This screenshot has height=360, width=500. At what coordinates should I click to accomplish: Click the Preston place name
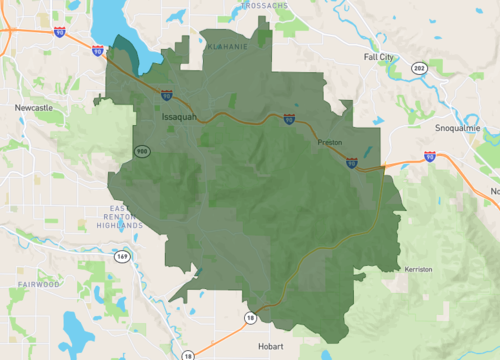click(x=330, y=143)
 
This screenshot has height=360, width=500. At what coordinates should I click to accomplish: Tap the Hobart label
click(x=270, y=346)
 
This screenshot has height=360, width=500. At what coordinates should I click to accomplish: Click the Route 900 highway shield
click(x=144, y=150)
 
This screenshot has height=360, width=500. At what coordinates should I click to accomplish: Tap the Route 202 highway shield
click(x=417, y=68)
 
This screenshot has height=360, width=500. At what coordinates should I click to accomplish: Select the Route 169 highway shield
click(x=122, y=256)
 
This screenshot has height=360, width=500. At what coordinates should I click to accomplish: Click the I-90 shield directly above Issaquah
click(x=166, y=96)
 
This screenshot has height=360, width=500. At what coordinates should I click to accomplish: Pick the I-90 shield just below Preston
click(x=351, y=162)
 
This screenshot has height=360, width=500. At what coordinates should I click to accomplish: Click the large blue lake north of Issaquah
click(x=118, y=30)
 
